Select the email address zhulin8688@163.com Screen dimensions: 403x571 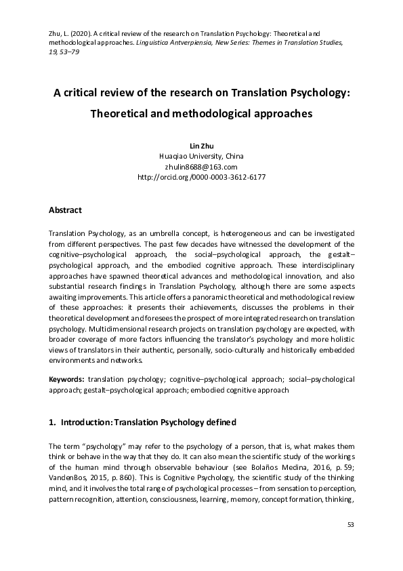(201, 166)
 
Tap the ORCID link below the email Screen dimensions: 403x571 (201, 176)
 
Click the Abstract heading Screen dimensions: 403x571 (66, 210)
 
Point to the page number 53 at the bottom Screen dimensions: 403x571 (350, 524)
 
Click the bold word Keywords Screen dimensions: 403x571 (67, 378)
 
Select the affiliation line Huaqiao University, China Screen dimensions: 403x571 (201, 156)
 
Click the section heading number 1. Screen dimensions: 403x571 (51, 422)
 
